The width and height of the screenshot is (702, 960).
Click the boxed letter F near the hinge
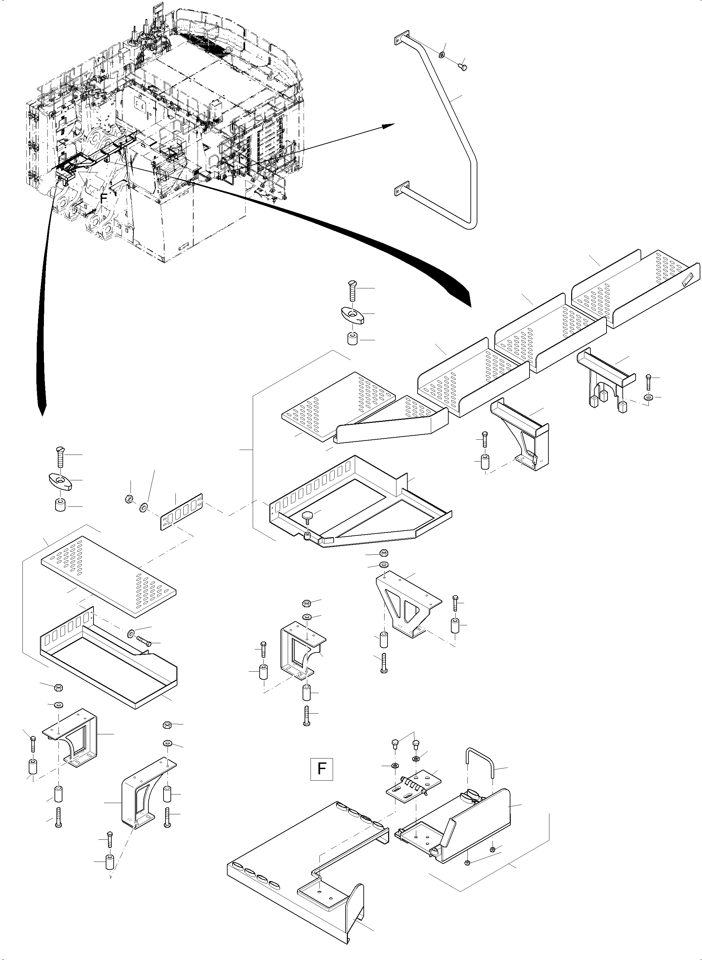[x=322, y=768]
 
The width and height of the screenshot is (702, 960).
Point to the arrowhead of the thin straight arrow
[x=389, y=125]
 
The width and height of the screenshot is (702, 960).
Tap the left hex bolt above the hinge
[x=394, y=743]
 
